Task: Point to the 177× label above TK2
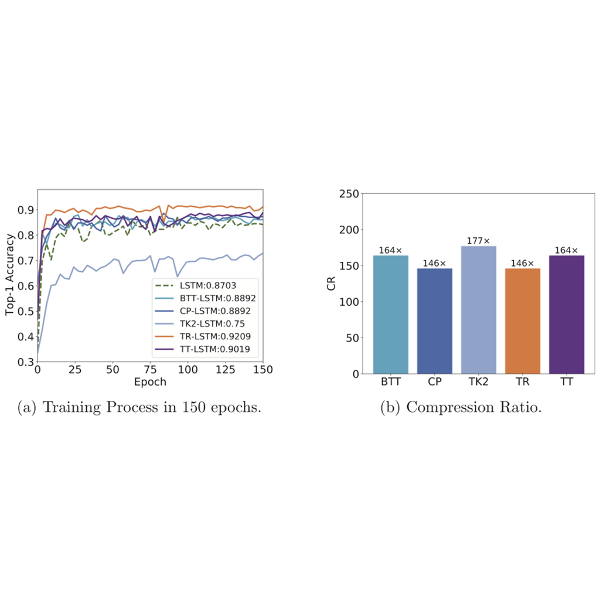click(x=479, y=241)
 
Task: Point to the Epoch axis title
click(x=151, y=382)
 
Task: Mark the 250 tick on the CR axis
click(x=349, y=194)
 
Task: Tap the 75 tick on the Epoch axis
click(x=151, y=370)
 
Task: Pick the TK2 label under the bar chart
click(x=479, y=382)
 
